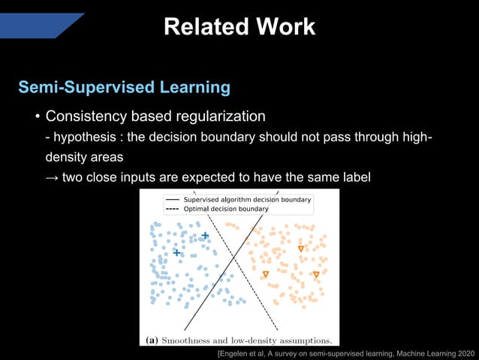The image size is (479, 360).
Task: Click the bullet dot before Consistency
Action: tap(36, 118)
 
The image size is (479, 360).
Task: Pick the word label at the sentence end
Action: tap(355, 178)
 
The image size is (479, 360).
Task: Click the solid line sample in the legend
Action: tap(172, 199)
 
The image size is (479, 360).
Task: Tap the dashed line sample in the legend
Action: tap(172, 209)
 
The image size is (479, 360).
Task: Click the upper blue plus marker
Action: tap(204, 236)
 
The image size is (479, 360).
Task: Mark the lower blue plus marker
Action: tap(176, 253)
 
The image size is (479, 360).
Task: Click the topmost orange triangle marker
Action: tap(300, 249)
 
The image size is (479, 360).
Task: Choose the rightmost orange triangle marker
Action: tap(316, 274)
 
